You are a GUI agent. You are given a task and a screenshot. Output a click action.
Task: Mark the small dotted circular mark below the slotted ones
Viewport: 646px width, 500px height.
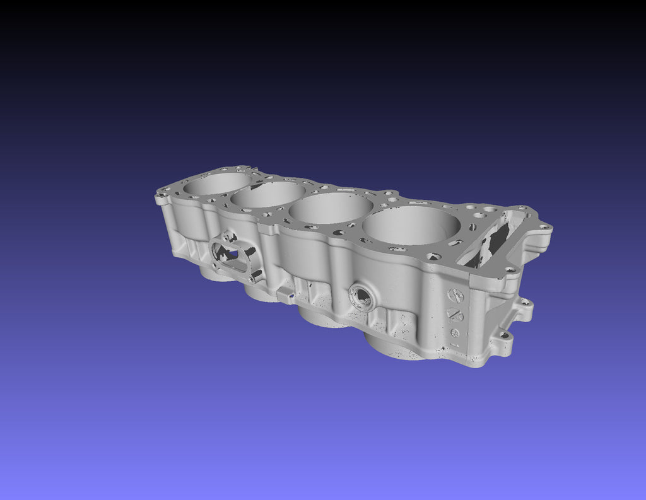(454, 332)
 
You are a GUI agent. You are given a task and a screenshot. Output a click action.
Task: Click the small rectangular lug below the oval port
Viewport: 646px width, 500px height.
(286, 293)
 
